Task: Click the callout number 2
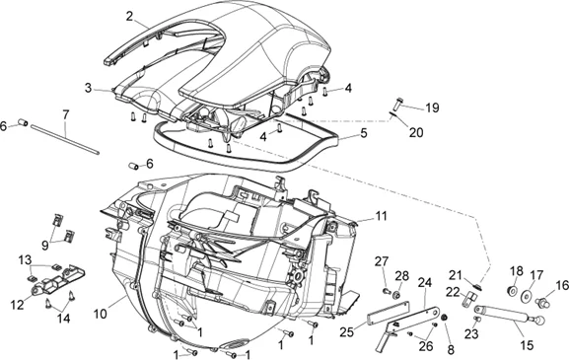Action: (130, 16)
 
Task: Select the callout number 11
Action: (382, 215)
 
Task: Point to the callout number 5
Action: (363, 131)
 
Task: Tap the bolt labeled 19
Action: (399, 103)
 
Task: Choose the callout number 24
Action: (426, 282)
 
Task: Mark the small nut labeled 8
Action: (445, 317)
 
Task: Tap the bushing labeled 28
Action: (396, 295)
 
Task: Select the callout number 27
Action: (382, 260)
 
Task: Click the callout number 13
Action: (26, 259)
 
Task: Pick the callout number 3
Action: (89, 88)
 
